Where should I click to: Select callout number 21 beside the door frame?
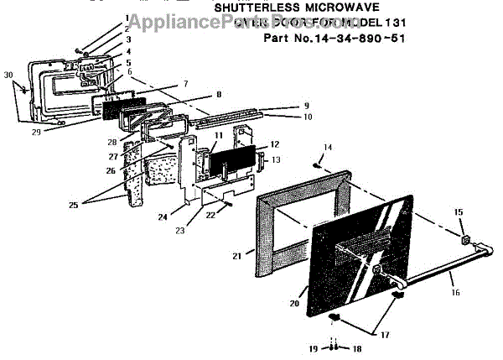(236, 254)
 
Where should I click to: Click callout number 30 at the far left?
(8, 75)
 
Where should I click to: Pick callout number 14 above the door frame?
(328, 147)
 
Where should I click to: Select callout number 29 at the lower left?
(36, 132)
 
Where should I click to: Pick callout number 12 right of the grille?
(275, 144)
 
